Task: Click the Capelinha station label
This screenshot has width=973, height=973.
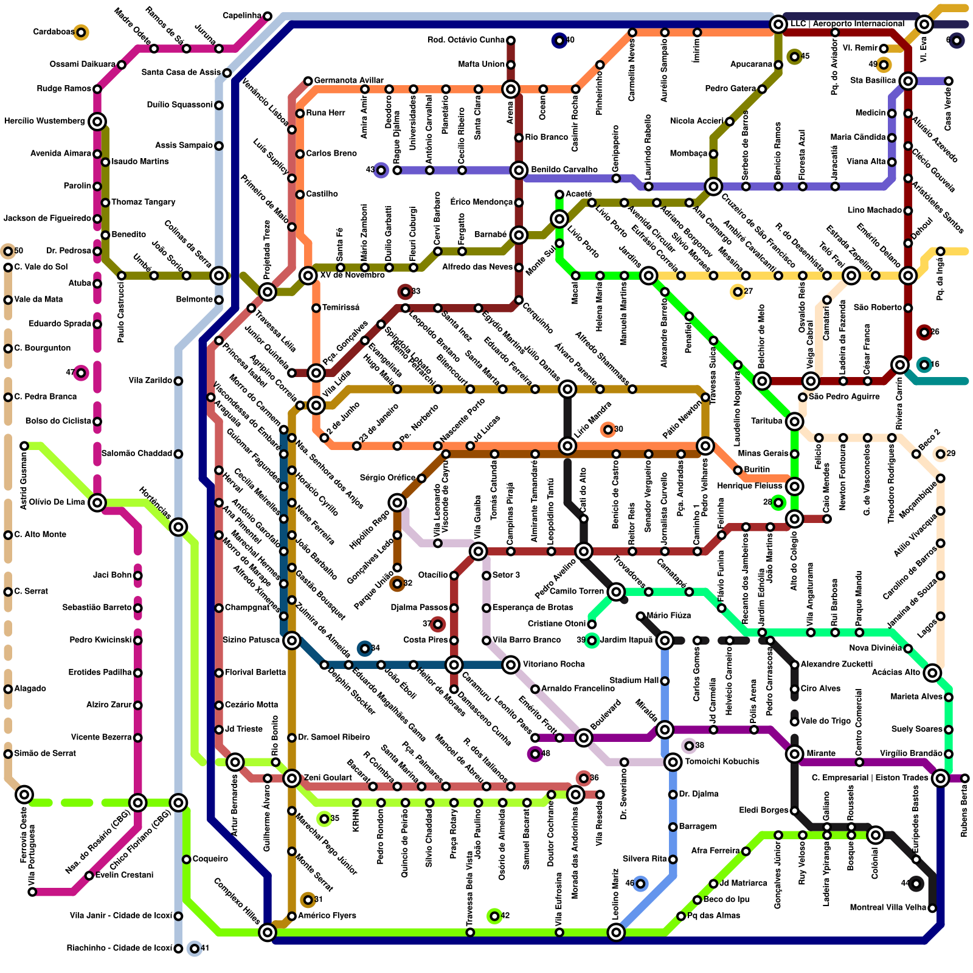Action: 242,15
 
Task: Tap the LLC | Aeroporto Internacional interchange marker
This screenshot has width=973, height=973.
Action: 778,24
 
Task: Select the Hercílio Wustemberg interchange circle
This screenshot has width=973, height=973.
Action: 97,122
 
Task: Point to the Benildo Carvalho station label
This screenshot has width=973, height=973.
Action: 564,170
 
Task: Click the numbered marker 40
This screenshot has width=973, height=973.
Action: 559,41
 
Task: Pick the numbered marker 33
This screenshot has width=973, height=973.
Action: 405,292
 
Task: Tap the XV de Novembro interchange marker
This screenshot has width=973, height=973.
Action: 308,275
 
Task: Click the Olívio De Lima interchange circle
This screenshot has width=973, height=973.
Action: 97,502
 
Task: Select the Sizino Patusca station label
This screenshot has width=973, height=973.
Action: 251,640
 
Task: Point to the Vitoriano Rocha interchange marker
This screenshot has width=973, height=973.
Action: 511,665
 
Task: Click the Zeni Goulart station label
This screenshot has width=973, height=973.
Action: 328,778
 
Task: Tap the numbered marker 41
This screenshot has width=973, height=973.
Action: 194,948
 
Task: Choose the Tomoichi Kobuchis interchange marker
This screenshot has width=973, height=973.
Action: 673,762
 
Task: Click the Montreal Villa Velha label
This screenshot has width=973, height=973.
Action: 888,908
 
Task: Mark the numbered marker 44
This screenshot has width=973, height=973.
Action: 916,884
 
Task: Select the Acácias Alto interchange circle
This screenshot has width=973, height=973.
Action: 932,673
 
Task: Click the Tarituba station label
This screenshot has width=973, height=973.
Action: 766,421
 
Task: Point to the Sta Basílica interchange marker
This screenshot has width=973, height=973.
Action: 908,81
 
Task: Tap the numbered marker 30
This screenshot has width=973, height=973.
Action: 608,430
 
